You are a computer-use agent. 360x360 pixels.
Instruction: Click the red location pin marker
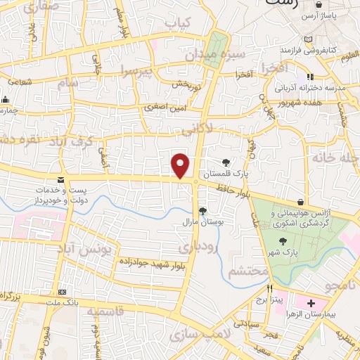click(181, 165)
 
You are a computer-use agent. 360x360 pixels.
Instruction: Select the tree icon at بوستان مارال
click(202, 210)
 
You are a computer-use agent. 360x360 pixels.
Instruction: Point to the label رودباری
click(193, 247)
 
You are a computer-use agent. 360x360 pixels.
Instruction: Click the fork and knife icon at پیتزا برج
click(269, 288)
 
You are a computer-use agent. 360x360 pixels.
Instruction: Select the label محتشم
click(248, 271)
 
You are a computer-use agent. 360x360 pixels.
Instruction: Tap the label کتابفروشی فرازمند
click(310, 51)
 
